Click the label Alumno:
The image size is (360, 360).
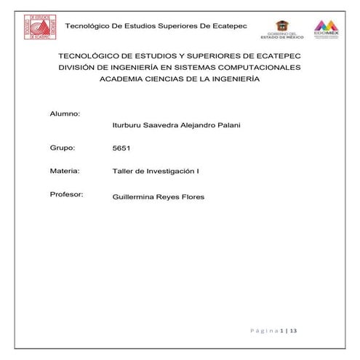coord(64,114)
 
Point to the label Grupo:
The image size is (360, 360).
coord(63,148)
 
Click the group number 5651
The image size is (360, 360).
coord(121,148)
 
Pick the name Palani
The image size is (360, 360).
coord(227,126)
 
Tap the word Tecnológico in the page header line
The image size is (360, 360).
coord(89,26)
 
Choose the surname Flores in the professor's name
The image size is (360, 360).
coord(191,196)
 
